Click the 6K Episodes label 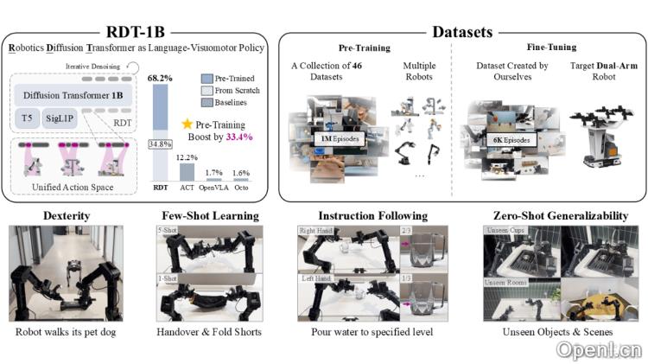point(513,138)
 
